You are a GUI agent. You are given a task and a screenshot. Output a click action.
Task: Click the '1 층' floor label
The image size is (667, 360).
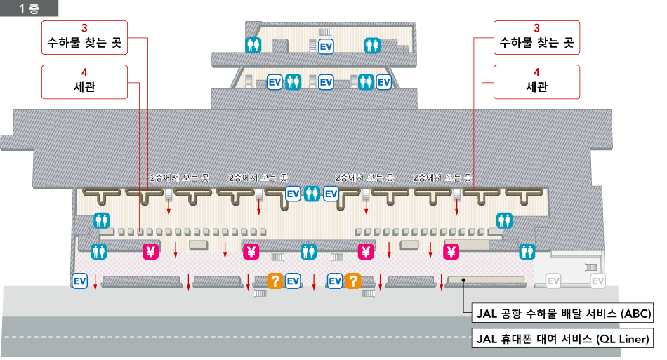[x=29, y=9]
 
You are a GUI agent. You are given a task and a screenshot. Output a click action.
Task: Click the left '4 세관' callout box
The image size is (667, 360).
[x=84, y=81]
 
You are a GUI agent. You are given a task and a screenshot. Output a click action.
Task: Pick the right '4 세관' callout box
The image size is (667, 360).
[x=536, y=81]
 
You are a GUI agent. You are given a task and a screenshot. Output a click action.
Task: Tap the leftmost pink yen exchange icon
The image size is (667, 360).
[x=150, y=251]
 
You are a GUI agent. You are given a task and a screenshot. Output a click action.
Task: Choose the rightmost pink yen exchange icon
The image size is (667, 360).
[x=451, y=251]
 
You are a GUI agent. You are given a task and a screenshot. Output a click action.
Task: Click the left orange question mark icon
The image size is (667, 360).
[x=275, y=281]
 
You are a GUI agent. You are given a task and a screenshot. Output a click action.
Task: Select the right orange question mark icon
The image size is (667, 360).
[x=352, y=281]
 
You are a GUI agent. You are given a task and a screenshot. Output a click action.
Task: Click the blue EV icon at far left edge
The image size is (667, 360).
[x=80, y=281]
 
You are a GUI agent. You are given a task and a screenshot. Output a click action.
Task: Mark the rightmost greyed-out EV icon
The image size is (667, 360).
[x=597, y=281]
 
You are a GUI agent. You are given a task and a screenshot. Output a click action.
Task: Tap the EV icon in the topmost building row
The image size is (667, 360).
[x=326, y=46]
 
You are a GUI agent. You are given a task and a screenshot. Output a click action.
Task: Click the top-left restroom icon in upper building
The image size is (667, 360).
[x=253, y=46]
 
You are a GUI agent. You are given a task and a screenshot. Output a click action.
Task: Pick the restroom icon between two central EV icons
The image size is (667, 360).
[x=312, y=194]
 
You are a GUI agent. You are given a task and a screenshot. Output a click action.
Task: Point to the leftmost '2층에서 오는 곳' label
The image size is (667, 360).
[x=179, y=178]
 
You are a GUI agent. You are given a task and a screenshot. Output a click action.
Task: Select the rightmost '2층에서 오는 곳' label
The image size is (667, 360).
[x=442, y=178]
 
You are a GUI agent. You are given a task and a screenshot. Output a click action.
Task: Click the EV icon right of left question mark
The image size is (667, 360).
[x=293, y=281]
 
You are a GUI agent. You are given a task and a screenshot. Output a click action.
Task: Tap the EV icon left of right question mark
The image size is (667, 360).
[x=335, y=281]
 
